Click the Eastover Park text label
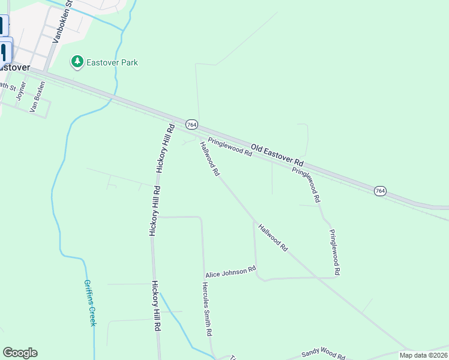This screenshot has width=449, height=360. [112, 62]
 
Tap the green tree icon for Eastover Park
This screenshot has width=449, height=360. [77, 62]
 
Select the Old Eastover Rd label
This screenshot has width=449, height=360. [277, 155]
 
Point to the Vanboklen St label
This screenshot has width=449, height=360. [62, 20]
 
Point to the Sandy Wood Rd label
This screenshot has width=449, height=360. [324, 353]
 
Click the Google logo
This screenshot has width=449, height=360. [20, 353]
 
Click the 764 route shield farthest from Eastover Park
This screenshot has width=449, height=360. [380, 191]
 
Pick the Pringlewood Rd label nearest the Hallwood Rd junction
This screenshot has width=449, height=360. [229, 147]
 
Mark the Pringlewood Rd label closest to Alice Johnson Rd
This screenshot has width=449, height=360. [334, 252]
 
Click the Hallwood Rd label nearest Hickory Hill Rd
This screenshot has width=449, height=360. [209, 158]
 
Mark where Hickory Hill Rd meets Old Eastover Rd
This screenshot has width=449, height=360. [171, 116]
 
